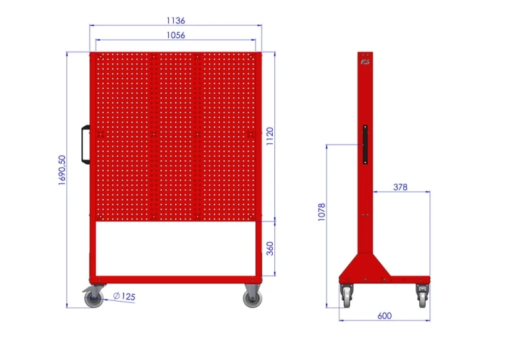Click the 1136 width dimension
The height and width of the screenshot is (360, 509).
176,21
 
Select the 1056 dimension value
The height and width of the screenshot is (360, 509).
176,35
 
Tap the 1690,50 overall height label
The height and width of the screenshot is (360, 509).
62,170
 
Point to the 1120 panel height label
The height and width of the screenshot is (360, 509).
269,136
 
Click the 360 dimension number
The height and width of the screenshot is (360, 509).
269,249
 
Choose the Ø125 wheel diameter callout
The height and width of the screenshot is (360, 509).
124,296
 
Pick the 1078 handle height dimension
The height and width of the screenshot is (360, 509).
322,212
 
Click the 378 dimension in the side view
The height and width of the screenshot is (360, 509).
400,187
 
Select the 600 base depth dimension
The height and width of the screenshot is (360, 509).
384,316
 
